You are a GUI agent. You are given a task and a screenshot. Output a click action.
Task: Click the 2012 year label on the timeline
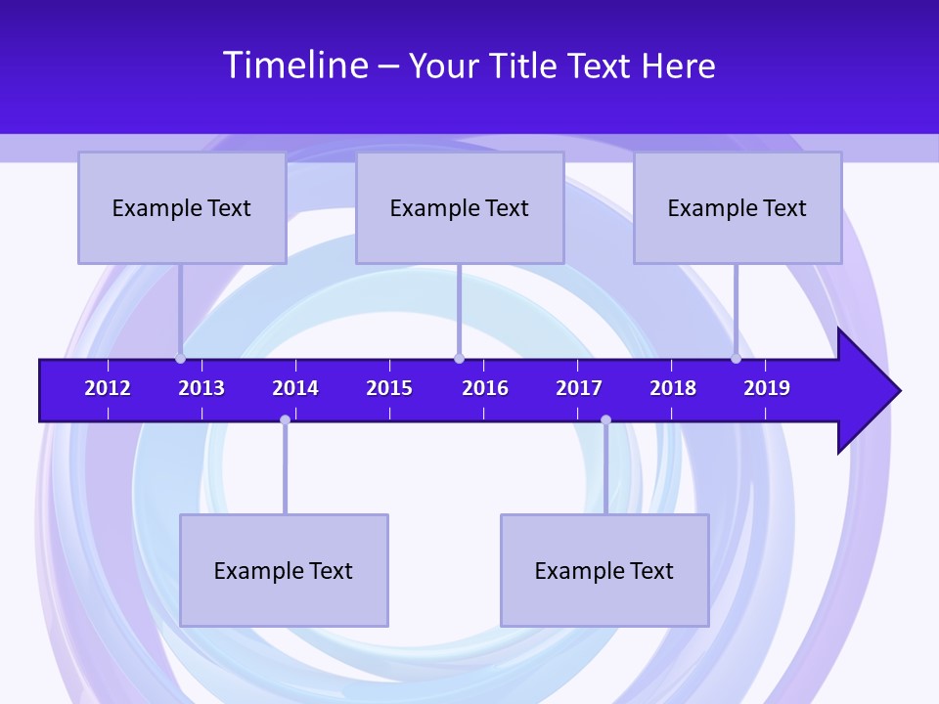pos(108,388)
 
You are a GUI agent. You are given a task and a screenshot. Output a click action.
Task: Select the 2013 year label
pos(201,388)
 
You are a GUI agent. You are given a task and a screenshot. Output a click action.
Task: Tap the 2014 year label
pos(295,388)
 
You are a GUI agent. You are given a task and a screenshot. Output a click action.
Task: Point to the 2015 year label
pos(389,388)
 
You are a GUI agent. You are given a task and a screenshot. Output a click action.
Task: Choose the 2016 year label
pos(485,388)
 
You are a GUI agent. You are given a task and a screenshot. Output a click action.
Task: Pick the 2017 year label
pos(579,388)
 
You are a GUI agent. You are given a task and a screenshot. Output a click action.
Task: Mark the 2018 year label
pos(673,388)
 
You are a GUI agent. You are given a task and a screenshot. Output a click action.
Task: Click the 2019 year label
pos(767,388)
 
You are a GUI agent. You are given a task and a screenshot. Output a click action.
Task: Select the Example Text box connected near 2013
pos(182,207)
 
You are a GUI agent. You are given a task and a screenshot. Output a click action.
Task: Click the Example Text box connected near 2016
pos(460,207)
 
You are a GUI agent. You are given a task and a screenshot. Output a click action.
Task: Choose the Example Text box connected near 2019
pos(738,207)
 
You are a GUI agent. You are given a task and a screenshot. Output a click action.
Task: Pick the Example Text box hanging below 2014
pos(284,570)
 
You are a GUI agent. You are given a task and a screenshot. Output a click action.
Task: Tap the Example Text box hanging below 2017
pos(604,570)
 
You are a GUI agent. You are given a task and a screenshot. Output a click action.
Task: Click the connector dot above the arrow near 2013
pos(181,358)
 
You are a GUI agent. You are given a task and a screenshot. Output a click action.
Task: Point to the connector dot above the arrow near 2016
pos(459,358)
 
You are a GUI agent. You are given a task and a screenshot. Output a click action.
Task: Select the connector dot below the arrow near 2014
pos(285,420)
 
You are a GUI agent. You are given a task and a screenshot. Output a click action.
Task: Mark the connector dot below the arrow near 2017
pos(605,420)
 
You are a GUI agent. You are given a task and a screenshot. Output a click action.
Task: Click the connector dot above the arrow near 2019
pos(737,358)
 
